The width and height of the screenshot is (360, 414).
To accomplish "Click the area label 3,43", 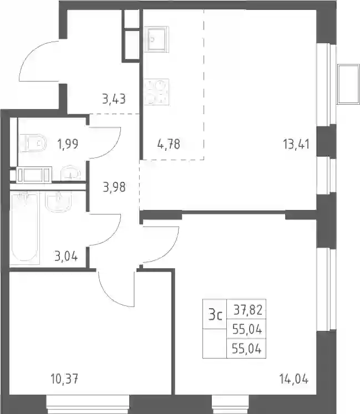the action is pos(114,99).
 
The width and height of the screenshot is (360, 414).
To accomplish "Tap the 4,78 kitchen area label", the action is pos(169,144).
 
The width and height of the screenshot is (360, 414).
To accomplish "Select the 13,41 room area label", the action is pos(296,144).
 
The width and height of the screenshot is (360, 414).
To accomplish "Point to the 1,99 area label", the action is pos(68,144).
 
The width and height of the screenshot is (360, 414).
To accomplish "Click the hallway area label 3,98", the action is pos(114,187).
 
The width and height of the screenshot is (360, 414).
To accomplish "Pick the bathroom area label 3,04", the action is pos(66,256).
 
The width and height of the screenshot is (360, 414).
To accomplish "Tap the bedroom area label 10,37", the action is pos(65,380).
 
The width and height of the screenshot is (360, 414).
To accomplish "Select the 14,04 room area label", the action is pos(294,380).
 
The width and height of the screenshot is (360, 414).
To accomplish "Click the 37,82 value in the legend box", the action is pos(248,310).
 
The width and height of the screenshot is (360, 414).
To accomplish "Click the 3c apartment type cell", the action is pos(215,315).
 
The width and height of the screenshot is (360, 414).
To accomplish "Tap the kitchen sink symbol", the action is pos(156,39).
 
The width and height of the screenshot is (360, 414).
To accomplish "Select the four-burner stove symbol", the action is pos(156,92).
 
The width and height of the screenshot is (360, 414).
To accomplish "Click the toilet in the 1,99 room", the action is pos(33,144).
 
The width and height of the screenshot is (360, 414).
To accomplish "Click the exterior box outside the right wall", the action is pos(349,84).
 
